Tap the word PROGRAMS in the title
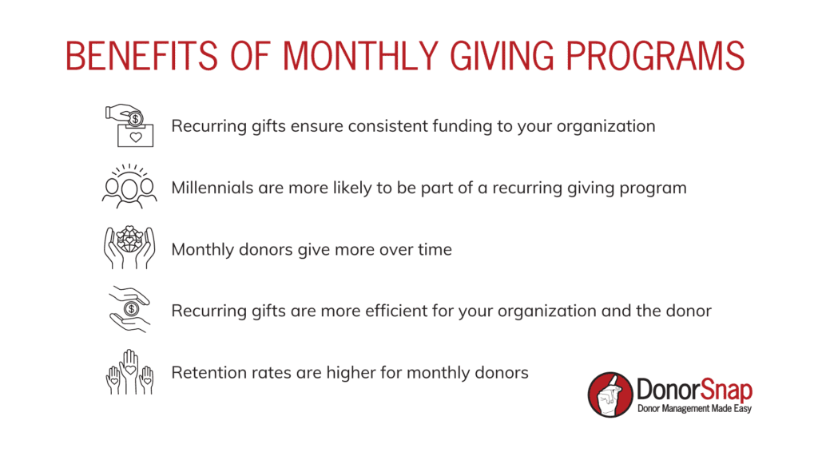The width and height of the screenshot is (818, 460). pyautogui.click(x=655, y=56)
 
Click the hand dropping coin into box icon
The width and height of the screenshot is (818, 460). pyautogui.click(x=129, y=125)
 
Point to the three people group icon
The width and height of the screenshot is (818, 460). pyautogui.click(x=129, y=186)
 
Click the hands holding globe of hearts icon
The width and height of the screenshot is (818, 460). pyautogui.click(x=129, y=248)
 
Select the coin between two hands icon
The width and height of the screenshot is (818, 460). pyautogui.click(x=130, y=309)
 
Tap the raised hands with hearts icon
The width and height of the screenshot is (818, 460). pyautogui.click(x=130, y=372)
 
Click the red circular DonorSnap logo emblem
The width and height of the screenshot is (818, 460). pyautogui.click(x=610, y=395)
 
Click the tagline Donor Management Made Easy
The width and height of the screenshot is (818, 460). pyautogui.click(x=694, y=409)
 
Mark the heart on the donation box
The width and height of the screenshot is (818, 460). pyautogui.click(x=136, y=137)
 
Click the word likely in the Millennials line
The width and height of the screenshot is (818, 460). pyautogui.click(x=352, y=188)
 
